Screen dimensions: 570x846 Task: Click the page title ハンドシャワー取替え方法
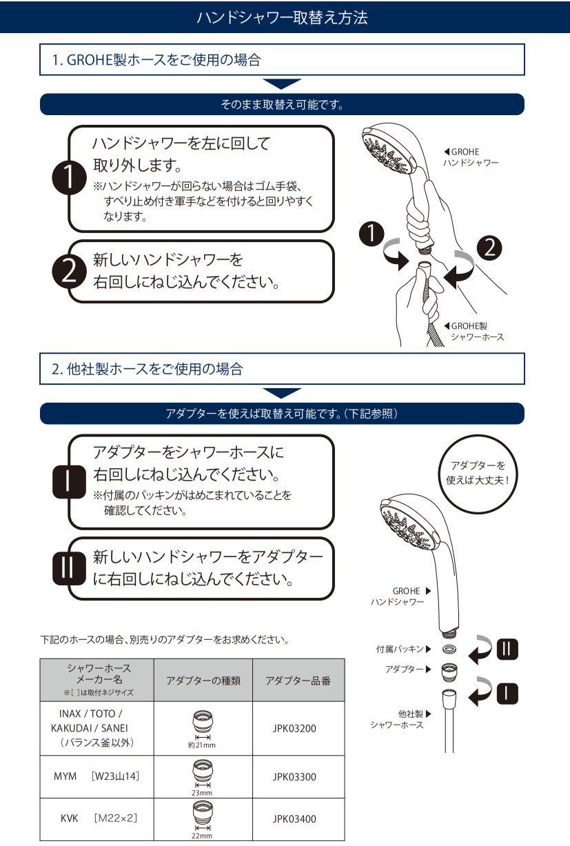[x=282, y=17]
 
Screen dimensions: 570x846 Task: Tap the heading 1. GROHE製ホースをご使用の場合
[x=156, y=60]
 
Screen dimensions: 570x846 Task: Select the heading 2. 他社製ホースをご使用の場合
[x=147, y=369]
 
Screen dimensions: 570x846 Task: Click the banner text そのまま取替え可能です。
[x=282, y=104]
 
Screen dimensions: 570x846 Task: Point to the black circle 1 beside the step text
[x=69, y=178]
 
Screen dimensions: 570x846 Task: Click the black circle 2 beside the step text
[x=69, y=272]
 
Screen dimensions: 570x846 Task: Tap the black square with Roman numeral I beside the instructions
[x=69, y=481]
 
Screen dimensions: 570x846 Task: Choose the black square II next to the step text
[x=69, y=568]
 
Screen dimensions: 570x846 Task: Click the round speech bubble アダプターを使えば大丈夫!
[x=478, y=474]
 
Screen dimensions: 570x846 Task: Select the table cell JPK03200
[x=294, y=728]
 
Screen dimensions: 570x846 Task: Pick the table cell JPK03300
[x=294, y=776]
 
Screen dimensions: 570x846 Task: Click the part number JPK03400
[x=294, y=819]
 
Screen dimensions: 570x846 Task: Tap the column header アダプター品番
[x=298, y=681]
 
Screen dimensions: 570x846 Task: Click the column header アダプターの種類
[x=203, y=681]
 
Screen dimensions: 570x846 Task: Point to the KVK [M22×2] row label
[x=99, y=818]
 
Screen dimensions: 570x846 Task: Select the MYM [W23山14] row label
[x=96, y=776]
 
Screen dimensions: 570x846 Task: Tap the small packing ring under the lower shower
[x=449, y=649]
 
